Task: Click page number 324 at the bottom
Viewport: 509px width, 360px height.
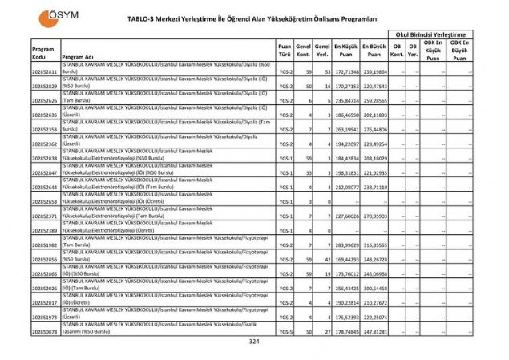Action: pyautogui.click(x=255, y=342)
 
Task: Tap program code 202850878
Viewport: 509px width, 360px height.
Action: pyautogui.click(x=45, y=331)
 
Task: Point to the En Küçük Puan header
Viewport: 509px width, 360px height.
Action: pyautogui.click(x=345, y=50)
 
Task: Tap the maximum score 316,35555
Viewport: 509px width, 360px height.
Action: pyautogui.click(x=374, y=245)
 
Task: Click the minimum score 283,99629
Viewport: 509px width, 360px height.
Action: pyautogui.click(x=345, y=245)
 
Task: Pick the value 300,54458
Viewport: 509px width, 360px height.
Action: pyautogui.click(x=374, y=288)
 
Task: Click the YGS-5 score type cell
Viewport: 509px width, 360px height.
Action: pyautogui.click(x=285, y=331)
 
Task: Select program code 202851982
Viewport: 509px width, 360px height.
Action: pyautogui.click(x=45, y=245)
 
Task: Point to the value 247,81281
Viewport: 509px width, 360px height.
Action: pyautogui.click(x=374, y=331)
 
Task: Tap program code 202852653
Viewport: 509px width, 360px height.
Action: pyautogui.click(x=45, y=201)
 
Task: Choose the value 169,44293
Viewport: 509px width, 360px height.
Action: pyautogui.click(x=345, y=259)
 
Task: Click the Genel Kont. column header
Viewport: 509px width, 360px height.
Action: pyautogui.click(x=303, y=50)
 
